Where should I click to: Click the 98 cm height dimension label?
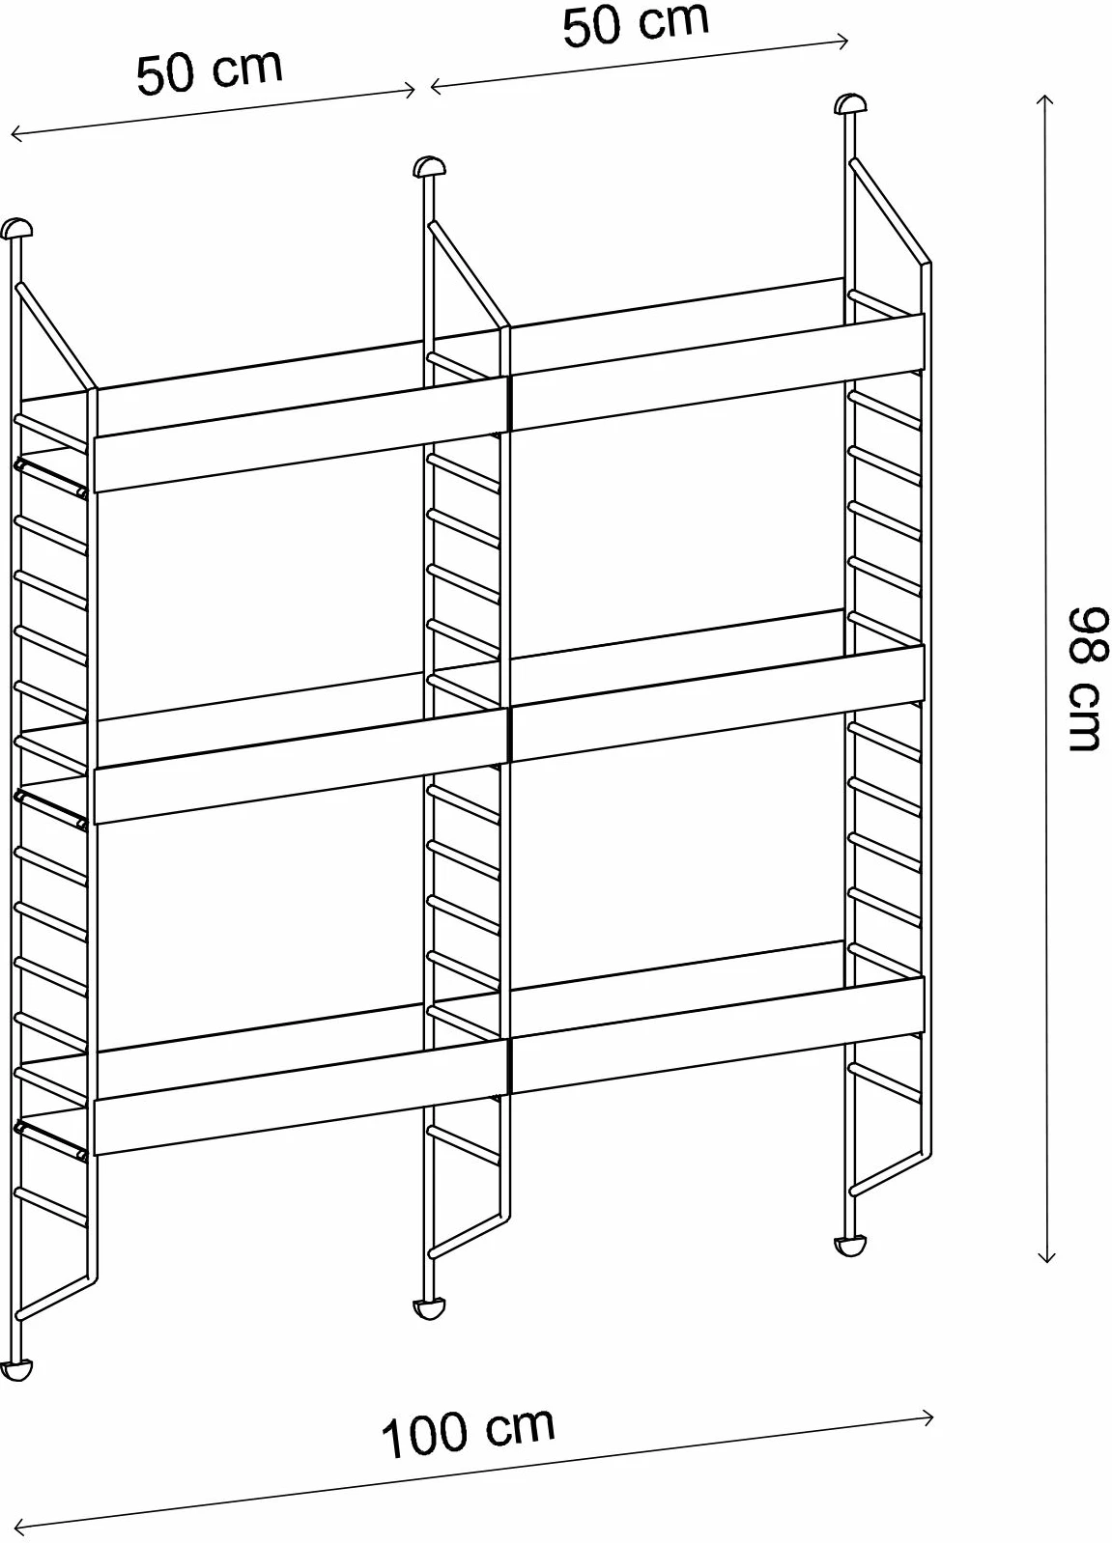point(1087,679)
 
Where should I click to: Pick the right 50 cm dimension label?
point(636,25)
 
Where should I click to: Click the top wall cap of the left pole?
point(16,229)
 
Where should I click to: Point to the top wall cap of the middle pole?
point(429,167)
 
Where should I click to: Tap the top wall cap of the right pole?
point(850,103)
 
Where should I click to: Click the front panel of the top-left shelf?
point(300,434)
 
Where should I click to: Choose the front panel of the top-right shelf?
point(717,373)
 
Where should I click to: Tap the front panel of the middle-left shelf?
point(300,766)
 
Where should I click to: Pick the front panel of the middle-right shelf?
point(717,704)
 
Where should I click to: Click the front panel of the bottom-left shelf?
point(300,1097)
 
